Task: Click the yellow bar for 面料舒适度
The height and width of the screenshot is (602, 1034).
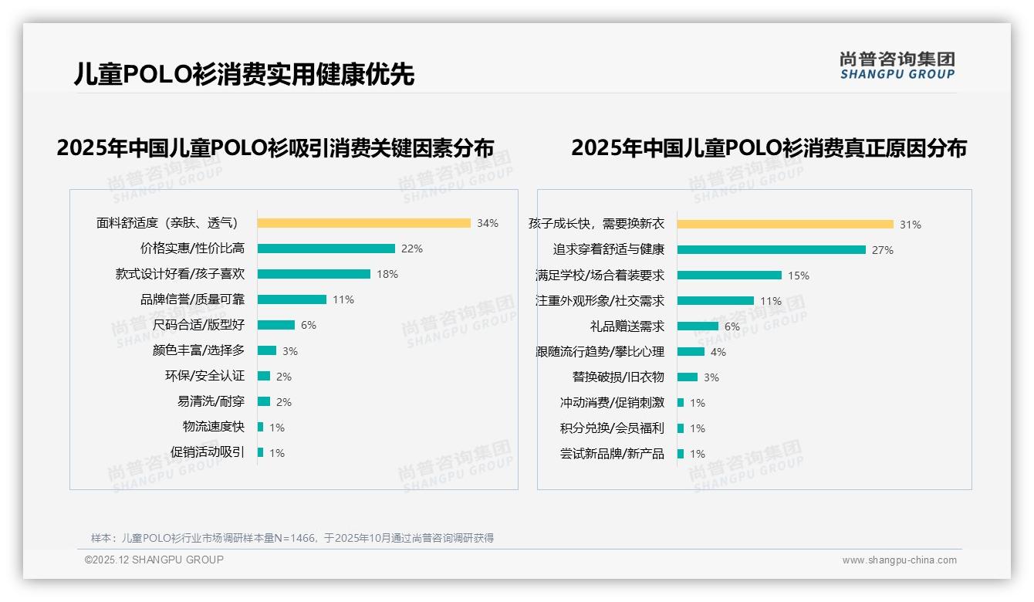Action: (363, 223)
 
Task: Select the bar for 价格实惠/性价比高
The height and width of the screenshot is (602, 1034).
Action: (326, 249)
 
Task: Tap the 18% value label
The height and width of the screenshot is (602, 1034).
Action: (387, 274)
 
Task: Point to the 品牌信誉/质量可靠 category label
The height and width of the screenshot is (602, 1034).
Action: (192, 299)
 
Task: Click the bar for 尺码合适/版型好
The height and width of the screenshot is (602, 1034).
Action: (275, 325)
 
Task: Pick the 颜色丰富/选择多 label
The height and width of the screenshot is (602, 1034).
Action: (198, 350)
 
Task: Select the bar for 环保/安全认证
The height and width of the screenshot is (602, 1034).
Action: (264, 376)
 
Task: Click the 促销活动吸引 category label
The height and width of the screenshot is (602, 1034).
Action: (208, 452)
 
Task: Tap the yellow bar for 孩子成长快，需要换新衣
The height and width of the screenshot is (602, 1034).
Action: (785, 225)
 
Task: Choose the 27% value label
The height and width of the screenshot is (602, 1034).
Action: (883, 250)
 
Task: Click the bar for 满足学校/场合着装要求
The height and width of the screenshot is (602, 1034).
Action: (729, 275)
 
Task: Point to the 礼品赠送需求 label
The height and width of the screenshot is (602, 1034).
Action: (627, 326)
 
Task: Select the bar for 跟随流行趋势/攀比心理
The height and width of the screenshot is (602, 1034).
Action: (691, 352)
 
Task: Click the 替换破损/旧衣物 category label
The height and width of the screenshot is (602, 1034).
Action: (618, 377)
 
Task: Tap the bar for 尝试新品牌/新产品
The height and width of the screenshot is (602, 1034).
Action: (681, 454)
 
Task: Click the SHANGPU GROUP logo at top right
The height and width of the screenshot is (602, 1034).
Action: (897, 66)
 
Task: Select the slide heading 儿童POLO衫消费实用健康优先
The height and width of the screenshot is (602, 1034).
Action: (244, 74)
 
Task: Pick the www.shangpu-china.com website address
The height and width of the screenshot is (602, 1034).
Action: (899, 560)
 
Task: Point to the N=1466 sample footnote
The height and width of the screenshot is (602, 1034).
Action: (292, 538)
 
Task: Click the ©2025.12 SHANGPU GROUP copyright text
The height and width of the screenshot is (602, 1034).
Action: (154, 560)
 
